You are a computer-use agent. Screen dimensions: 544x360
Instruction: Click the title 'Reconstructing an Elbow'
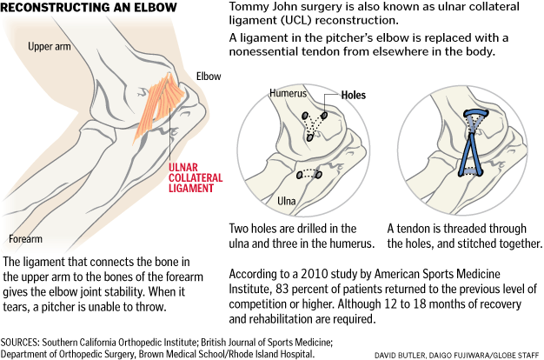click(89, 7)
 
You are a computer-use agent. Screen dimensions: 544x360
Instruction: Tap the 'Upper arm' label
click(50, 46)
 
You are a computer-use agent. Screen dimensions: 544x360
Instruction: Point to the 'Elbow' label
click(209, 76)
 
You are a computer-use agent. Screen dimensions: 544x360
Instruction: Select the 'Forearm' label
click(26, 239)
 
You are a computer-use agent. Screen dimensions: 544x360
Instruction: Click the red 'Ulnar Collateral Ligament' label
click(196, 177)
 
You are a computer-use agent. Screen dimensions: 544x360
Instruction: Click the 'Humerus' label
click(288, 93)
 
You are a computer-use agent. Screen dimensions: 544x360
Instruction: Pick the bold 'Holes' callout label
click(353, 95)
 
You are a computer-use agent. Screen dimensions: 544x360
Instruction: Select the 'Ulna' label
click(286, 201)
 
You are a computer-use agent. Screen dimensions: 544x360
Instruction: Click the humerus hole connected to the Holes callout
click(324, 116)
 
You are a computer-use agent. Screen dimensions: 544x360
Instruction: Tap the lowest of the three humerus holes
click(310, 137)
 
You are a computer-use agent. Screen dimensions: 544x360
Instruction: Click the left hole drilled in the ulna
click(300, 175)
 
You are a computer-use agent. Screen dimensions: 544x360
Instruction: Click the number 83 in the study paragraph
click(282, 289)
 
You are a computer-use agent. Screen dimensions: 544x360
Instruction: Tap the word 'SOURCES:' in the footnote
click(20, 343)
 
